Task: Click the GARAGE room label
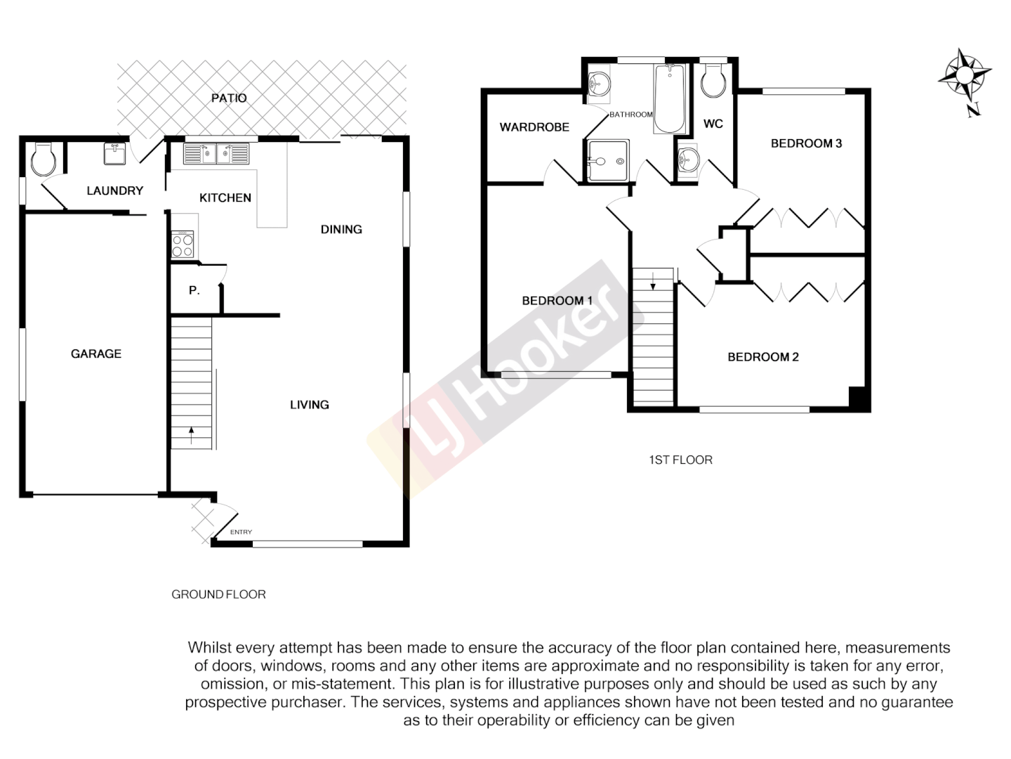pyautogui.click(x=96, y=354)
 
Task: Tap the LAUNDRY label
pyautogui.click(x=114, y=191)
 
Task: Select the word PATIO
pyautogui.click(x=229, y=98)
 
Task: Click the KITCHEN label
pyautogui.click(x=225, y=198)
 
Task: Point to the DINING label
pyautogui.click(x=341, y=230)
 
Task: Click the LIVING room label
pyautogui.click(x=310, y=405)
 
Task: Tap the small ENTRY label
pyautogui.click(x=241, y=532)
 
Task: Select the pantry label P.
pyautogui.click(x=194, y=290)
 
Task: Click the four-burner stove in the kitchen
pyautogui.click(x=183, y=245)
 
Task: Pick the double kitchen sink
pyautogui.click(x=216, y=153)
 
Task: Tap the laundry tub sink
pyautogui.click(x=115, y=153)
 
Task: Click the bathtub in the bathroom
pyautogui.click(x=670, y=98)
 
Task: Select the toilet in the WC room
pyautogui.click(x=714, y=81)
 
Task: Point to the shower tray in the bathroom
pyautogui.click(x=608, y=161)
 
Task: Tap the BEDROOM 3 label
pyautogui.click(x=806, y=143)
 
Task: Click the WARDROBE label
pyautogui.click(x=534, y=127)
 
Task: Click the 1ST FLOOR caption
pyautogui.click(x=680, y=460)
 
